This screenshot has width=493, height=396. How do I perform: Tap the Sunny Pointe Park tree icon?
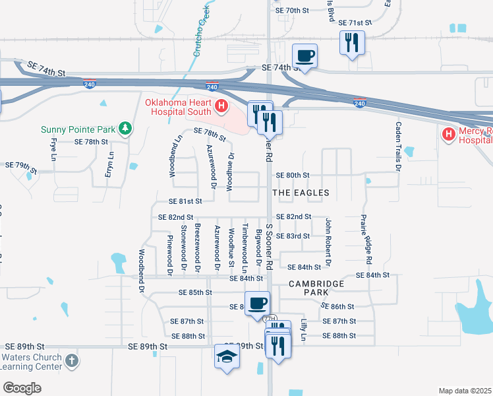click(123, 129)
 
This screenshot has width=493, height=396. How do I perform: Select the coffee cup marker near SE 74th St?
click(304, 55)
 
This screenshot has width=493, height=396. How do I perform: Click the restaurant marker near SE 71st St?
click(351, 44)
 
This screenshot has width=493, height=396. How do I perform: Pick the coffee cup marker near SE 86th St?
click(257, 304)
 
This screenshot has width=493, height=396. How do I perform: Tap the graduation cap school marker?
click(227, 357)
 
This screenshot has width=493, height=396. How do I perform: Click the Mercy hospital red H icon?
click(449, 135)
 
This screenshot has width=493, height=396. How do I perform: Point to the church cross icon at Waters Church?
click(72, 361)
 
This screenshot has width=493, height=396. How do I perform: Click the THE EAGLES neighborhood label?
click(301, 193)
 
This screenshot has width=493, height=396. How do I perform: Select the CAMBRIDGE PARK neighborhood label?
click(316, 288)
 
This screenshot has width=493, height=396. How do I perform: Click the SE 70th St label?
click(292, 11)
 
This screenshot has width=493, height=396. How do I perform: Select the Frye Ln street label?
click(53, 148)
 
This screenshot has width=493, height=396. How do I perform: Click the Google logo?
click(22, 387)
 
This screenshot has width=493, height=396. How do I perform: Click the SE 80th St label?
click(293, 175)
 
